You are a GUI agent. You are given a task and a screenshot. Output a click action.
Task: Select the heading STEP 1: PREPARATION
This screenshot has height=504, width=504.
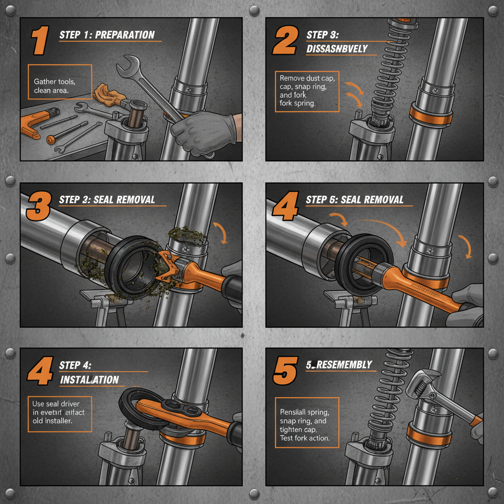pyautogui.click(x=107, y=35)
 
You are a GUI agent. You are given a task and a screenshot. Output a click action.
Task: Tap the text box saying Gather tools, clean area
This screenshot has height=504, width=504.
pyautogui.click(x=60, y=86)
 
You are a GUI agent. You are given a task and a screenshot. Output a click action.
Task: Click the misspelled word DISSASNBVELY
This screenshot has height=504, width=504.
pyautogui.click(x=337, y=48)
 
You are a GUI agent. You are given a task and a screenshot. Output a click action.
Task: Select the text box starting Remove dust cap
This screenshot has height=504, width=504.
pyautogui.click(x=307, y=91)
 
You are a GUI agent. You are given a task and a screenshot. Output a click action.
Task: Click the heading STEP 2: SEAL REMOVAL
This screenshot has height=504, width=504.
pyautogui.click(x=107, y=199)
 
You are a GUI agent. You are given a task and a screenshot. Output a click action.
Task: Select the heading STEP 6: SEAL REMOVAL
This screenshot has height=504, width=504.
pyautogui.click(x=354, y=199)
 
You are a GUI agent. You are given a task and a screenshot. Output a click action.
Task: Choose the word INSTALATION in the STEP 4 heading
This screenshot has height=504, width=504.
pyautogui.click(x=89, y=379)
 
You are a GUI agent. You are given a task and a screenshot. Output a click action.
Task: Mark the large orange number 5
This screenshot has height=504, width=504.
pyautogui.click(x=285, y=370)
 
